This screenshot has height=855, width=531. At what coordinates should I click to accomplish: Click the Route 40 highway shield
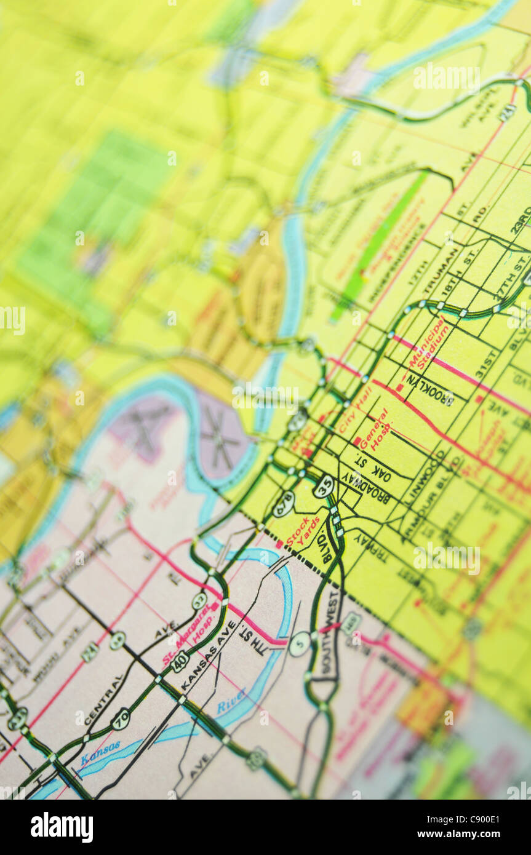click(x=180, y=661)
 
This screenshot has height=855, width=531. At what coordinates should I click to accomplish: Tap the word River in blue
click(x=231, y=701)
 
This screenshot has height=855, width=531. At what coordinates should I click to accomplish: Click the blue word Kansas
click(x=100, y=753)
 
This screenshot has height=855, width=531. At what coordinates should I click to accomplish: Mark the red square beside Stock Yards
click(x=279, y=544)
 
